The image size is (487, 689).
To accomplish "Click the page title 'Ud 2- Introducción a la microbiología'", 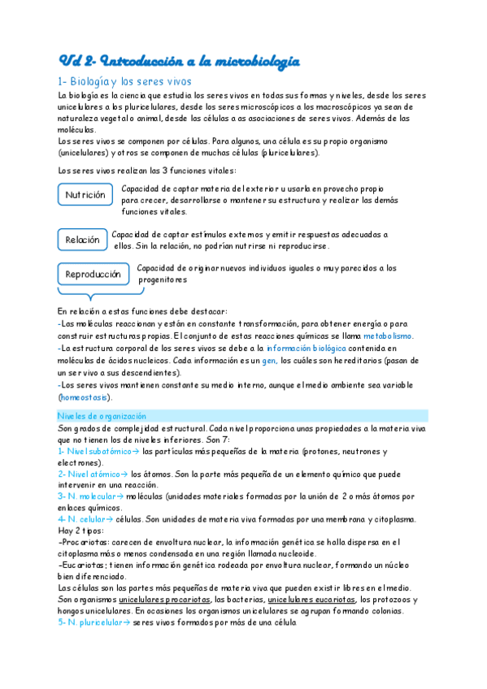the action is tap(180, 61).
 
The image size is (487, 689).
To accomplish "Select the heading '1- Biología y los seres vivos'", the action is tap(124, 81).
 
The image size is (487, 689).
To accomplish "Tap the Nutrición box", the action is tap(85, 195).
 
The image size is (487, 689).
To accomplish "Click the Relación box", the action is tap(82, 240).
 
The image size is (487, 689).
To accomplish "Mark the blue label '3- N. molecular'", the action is tap(87, 496).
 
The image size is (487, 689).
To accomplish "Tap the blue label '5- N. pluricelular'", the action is tap(89, 622).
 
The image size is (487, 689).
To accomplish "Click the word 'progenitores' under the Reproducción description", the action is tap(163, 279).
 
